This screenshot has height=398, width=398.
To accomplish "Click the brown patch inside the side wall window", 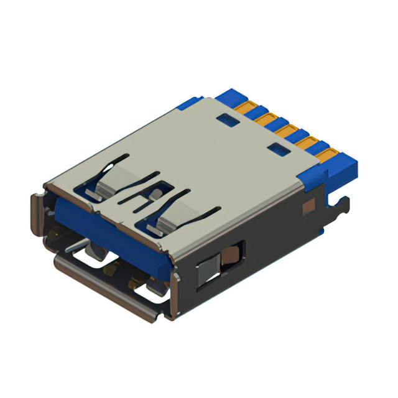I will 231,255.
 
